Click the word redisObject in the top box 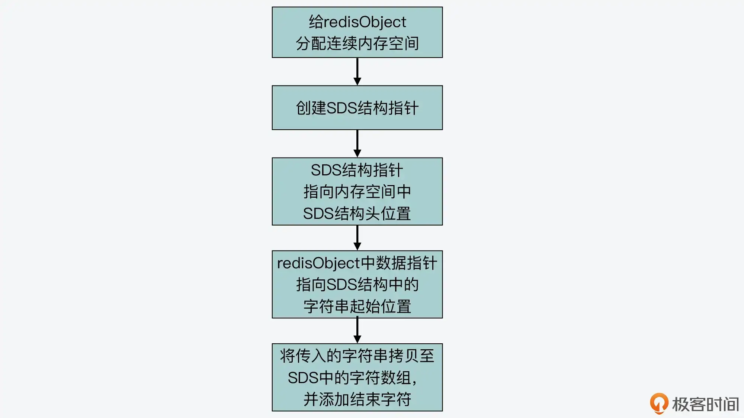[365, 22]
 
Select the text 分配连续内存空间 [357, 43]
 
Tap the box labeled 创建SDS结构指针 [357, 108]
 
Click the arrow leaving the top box [357, 71]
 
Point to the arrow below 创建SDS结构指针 [357, 143]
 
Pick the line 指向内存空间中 [357, 192]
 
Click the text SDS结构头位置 [357, 214]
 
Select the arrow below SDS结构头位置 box [357, 238]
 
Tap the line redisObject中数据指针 [357, 263]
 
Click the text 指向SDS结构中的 [357, 285]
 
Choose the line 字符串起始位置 [357, 307]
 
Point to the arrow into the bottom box [357, 331]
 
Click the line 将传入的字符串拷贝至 [357, 356]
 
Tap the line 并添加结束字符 [357, 399]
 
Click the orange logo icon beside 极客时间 [659, 403]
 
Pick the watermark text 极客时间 [705, 404]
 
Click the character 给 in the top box [316, 22]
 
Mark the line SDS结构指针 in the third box [357, 170]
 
